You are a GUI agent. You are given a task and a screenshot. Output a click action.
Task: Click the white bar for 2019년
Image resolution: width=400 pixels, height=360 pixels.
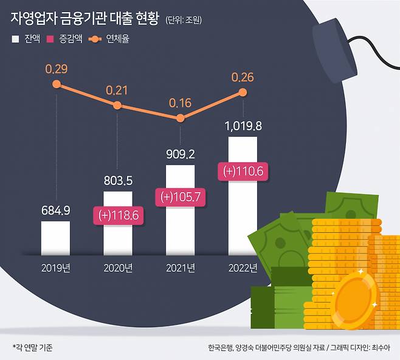55,238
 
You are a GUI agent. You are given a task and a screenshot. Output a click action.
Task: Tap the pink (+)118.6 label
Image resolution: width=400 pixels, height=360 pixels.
118,215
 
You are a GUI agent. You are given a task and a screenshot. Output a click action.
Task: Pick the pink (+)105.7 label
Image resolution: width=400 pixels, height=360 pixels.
181,197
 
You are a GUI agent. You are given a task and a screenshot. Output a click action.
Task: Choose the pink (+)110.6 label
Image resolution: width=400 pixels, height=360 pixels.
243,172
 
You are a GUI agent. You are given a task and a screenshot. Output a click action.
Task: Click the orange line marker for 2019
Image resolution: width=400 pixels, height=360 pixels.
57,85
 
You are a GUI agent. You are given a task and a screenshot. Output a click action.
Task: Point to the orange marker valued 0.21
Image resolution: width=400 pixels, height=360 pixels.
118,106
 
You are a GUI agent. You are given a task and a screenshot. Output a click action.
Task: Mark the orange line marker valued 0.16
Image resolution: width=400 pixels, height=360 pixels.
181,118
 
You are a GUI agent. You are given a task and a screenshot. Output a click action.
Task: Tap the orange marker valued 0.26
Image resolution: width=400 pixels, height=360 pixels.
243,92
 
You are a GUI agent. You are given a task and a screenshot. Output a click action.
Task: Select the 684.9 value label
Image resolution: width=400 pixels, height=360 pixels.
55,211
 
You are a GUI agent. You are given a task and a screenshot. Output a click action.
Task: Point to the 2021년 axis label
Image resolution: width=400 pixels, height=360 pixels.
181,268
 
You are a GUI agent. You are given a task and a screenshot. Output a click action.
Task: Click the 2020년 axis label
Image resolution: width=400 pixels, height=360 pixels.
118,268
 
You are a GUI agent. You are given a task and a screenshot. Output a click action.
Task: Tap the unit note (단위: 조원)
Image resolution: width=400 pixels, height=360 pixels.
183,20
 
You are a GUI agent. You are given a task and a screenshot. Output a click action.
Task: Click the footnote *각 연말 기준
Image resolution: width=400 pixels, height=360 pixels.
33,347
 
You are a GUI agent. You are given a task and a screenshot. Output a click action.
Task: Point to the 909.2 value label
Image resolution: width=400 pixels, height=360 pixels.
181,154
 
